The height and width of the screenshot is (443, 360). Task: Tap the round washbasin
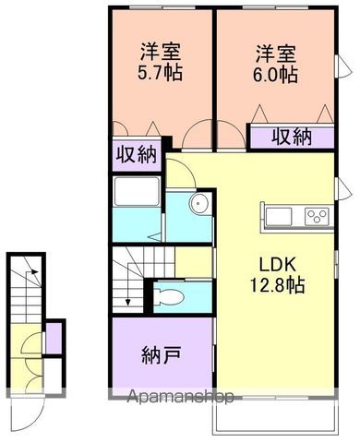[195, 205]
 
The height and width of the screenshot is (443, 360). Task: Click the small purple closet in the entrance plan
[54, 339]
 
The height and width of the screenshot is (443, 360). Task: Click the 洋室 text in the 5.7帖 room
[160, 51]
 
